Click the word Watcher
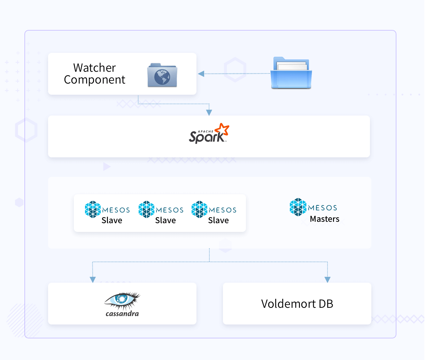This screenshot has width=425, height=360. pyautogui.click(x=94, y=68)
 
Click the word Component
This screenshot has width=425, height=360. pyautogui.click(x=94, y=80)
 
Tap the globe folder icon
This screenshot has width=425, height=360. pyautogui.click(x=162, y=75)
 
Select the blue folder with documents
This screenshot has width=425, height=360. pyautogui.click(x=291, y=73)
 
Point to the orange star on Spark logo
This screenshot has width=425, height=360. pyautogui.click(x=223, y=129)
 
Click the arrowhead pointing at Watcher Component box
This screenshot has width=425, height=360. pyautogui.click(x=201, y=74)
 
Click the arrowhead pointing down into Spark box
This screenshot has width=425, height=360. pyautogui.click(x=209, y=112)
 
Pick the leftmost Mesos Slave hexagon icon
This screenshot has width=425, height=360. pyautogui.click(x=93, y=209)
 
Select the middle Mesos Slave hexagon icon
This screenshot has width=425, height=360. pyautogui.click(x=146, y=209)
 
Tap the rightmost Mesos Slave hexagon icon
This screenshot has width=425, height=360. pyautogui.click(x=199, y=209)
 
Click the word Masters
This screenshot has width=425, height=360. pyautogui.click(x=325, y=219)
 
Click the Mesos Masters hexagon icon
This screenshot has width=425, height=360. pyautogui.click(x=298, y=207)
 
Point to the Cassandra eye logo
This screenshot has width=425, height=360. pyautogui.click(x=122, y=300)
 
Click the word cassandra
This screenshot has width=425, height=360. pyautogui.click(x=122, y=314)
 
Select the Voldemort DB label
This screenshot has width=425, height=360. pyautogui.click(x=297, y=304)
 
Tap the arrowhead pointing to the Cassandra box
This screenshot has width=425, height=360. pyautogui.click(x=93, y=280)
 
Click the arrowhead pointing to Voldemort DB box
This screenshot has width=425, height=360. pyautogui.click(x=327, y=280)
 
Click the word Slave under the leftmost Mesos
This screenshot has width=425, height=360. pyautogui.click(x=112, y=220)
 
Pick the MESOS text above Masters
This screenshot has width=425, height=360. pyautogui.click(x=323, y=208)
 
